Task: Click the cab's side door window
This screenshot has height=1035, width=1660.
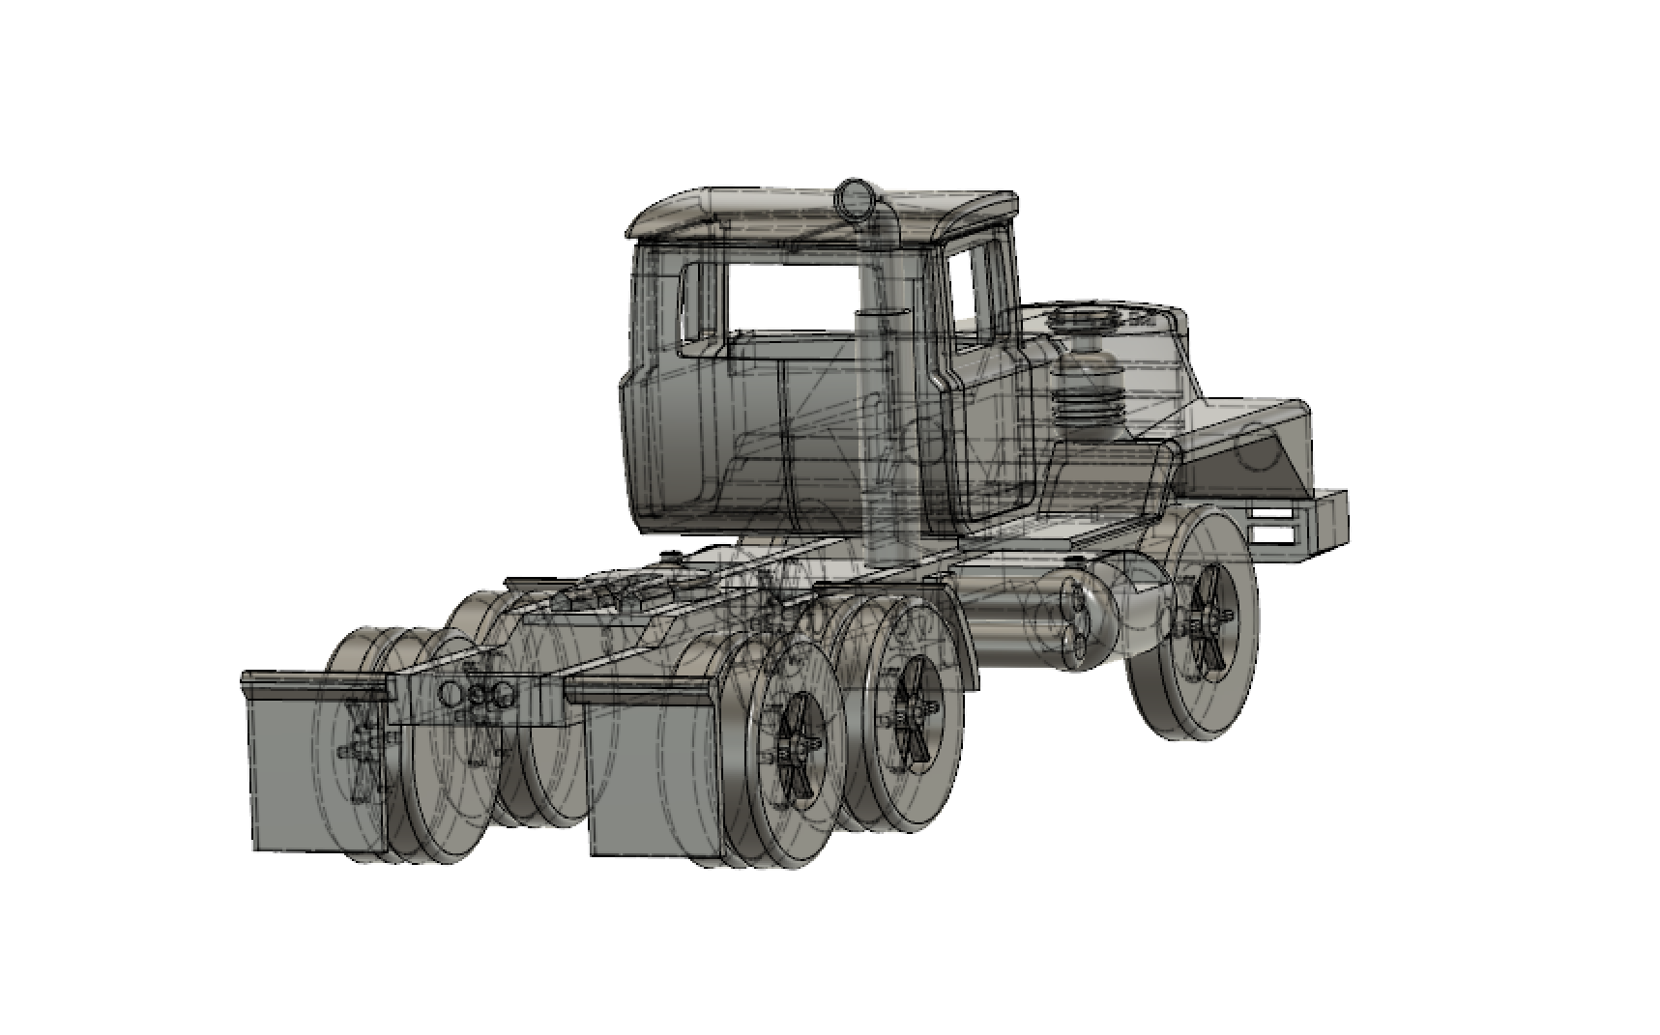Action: (x=973, y=288)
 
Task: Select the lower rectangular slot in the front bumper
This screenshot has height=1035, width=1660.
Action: (x=1275, y=534)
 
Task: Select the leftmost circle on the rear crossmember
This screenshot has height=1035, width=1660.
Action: (x=451, y=693)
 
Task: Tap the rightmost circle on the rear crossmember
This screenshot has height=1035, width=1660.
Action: (x=502, y=691)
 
